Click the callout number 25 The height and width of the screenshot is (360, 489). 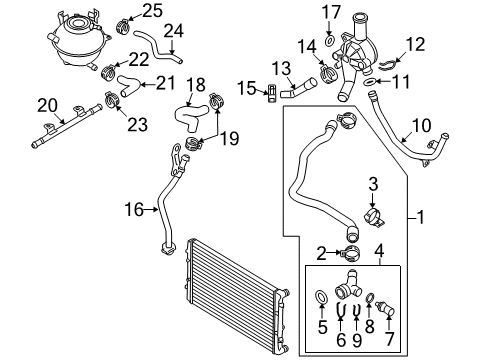(x=153, y=11)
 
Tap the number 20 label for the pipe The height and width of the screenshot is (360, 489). (x=47, y=106)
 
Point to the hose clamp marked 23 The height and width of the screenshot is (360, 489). (x=111, y=100)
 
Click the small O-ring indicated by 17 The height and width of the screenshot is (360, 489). (x=329, y=41)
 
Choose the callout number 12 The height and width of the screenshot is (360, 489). (x=415, y=45)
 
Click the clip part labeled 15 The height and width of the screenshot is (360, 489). (x=272, y=93)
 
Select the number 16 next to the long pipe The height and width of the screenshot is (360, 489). (x=134, y=210)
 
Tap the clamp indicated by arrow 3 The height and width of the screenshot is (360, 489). (x=374, y=217)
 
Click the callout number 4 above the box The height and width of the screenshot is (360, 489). (x=380, y=251)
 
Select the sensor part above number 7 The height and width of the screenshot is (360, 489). (x=385, y=308)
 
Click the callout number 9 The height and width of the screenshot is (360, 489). (x=357, y=340)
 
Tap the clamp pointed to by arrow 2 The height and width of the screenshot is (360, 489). (x=350, y=254)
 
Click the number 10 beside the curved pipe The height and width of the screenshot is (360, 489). (x=422, y=126)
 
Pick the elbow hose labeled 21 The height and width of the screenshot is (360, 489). (x=128, y=85)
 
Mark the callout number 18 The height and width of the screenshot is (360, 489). (x=196, y=85)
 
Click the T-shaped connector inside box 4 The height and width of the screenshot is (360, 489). (x=348, y=286)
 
